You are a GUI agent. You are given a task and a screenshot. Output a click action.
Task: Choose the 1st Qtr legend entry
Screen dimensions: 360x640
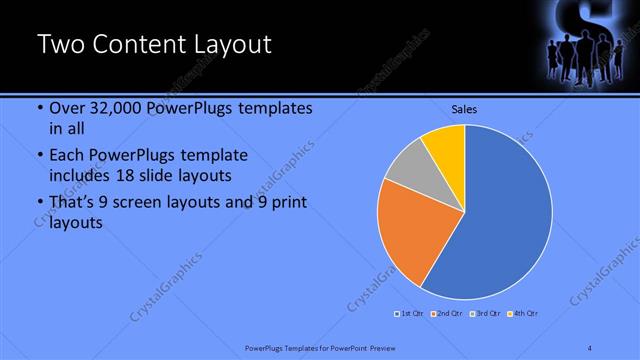point(409,314)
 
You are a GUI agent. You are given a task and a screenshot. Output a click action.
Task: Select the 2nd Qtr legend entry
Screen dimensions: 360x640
point(446,314)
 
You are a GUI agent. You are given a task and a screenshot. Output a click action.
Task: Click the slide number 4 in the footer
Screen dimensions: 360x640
point(590,347)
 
